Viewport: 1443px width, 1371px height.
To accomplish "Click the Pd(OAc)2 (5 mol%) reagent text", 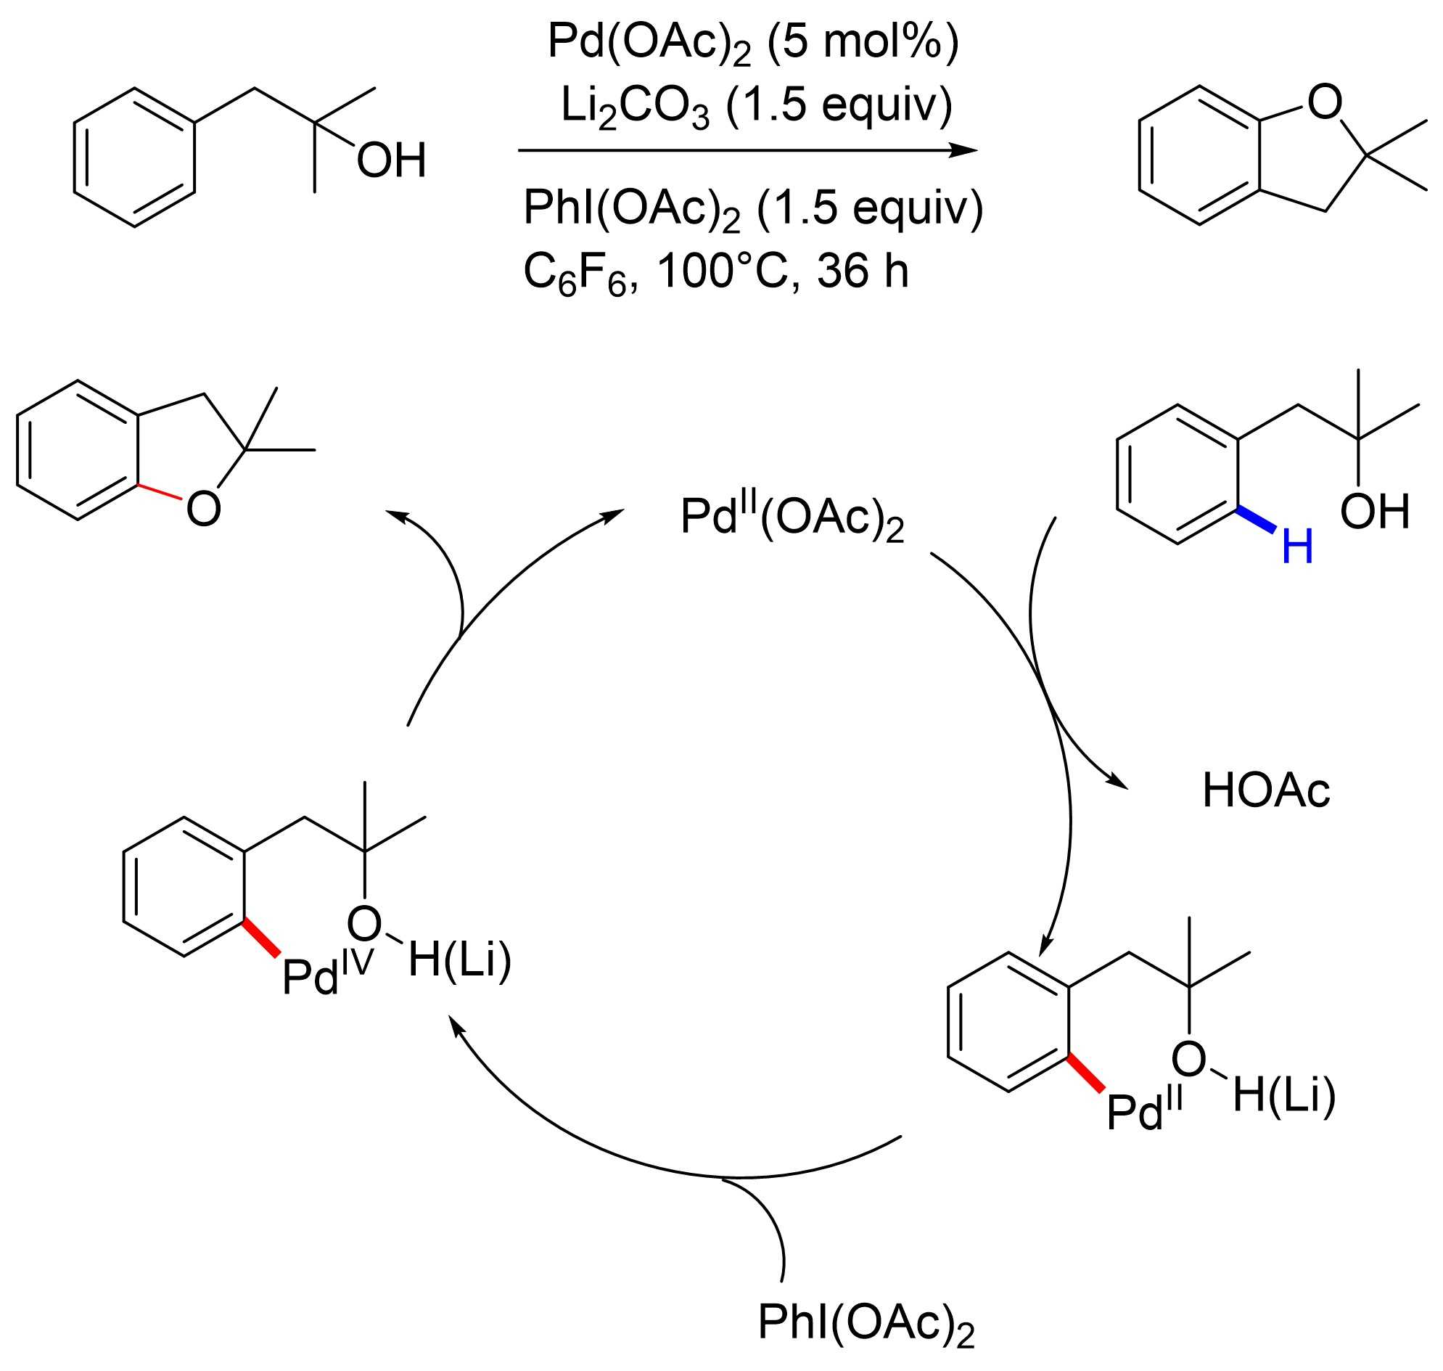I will (752, 42).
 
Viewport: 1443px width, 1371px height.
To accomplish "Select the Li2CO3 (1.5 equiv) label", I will (756, 107).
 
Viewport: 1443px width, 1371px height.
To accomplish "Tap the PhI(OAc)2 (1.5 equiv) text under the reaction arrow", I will (752, 209).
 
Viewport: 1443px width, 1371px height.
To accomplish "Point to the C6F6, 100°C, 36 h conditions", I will (716, 273).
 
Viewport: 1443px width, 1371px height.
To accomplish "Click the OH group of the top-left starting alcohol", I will (391, 161).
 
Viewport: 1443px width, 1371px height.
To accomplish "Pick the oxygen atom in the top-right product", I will (1325, 102).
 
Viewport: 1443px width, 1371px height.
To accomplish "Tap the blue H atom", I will (1298, 547).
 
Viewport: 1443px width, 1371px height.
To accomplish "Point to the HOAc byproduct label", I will (1266, 790).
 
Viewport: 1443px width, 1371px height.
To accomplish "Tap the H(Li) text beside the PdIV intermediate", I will (459, 959).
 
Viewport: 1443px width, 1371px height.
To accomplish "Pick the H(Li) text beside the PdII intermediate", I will (1284, 1095).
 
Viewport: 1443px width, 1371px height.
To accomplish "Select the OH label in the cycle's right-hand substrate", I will (1374, 511).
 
